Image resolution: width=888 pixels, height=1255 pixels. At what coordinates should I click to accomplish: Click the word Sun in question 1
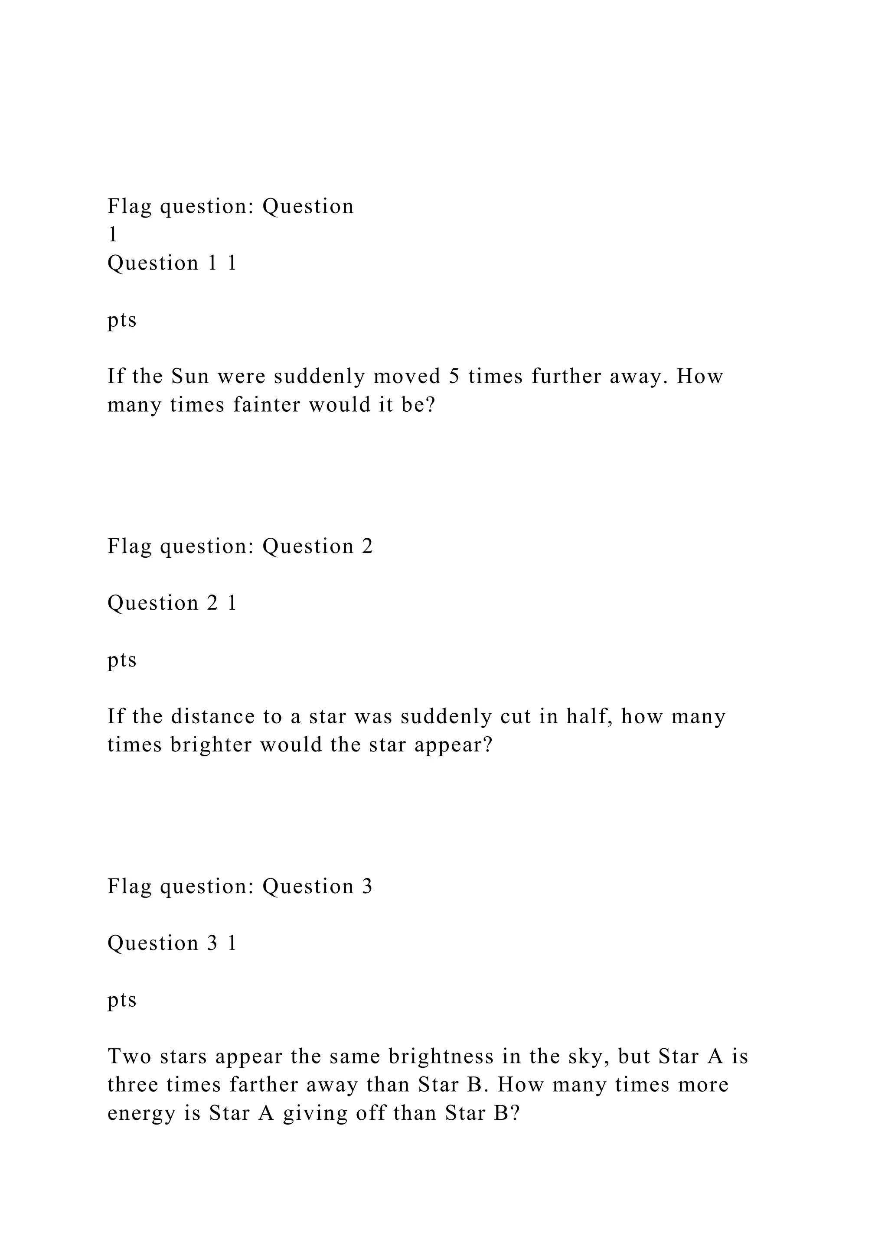point(190,376)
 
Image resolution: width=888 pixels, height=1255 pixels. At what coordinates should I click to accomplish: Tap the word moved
point(408,376)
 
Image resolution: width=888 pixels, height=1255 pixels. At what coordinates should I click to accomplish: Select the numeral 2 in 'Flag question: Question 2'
point(367,546)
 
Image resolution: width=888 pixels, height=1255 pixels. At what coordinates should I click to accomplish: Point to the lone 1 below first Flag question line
point(113,234)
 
